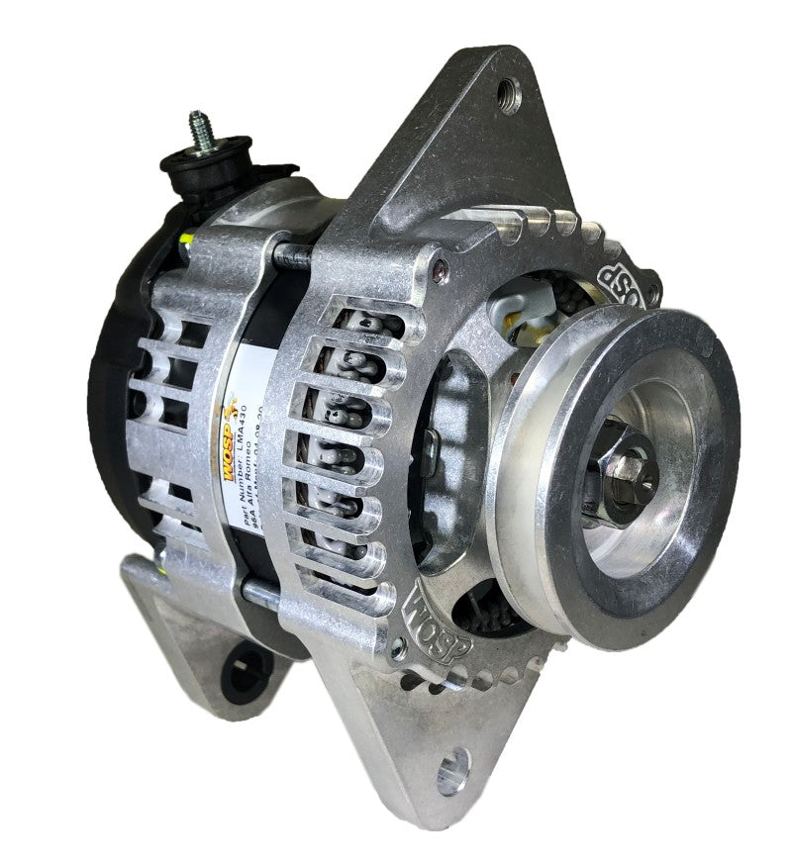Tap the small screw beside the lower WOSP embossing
click(399, 648)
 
